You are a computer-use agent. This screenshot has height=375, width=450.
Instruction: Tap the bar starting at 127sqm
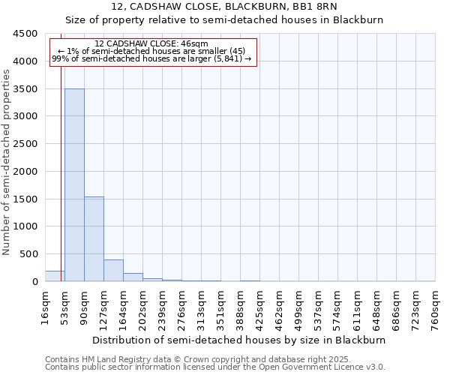113,271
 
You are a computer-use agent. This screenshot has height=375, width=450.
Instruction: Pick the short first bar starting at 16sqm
55,276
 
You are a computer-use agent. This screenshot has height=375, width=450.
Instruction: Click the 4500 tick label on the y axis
25,34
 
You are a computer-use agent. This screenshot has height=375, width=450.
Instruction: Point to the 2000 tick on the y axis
25,172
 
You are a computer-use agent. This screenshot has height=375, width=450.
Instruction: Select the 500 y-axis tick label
28,254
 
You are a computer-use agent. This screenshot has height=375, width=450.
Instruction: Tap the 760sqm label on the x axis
435,304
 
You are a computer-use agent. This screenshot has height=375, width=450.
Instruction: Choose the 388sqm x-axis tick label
240,304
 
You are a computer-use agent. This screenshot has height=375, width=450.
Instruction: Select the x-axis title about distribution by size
240,340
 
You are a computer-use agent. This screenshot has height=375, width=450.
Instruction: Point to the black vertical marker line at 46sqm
60,187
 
